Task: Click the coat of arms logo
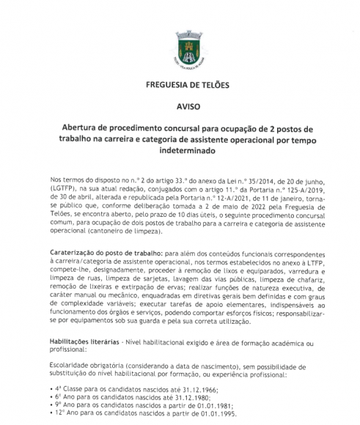click(180, 45)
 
